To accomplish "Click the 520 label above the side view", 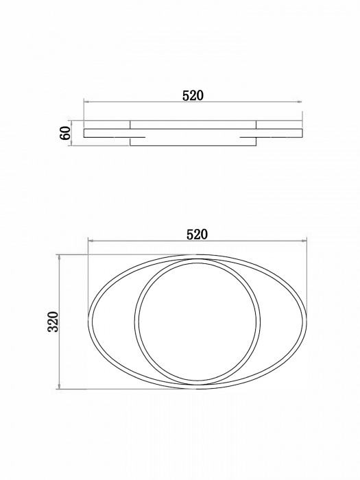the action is [193, 95].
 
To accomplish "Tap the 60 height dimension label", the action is [66, 133].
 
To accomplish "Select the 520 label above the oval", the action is [197, 235].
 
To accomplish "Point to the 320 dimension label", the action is [53, 322].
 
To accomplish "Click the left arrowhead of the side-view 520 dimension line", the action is [86, 101].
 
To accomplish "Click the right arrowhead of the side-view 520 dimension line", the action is [300, 101].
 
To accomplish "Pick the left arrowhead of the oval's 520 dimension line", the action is [91, 241].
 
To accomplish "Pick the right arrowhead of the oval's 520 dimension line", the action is [304, 241].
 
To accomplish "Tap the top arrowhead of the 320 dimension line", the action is [60, 257].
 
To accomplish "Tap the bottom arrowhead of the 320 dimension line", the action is [60, 387].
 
